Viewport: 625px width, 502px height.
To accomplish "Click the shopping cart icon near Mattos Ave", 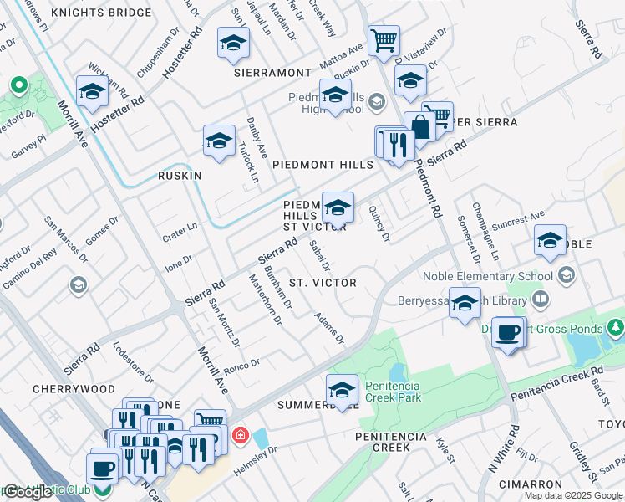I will coord(384,40).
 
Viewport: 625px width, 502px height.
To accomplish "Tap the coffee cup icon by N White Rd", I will coord(508,333).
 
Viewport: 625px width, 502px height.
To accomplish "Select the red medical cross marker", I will coord(240,435).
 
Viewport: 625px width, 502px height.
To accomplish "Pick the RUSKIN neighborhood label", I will coord(180,176).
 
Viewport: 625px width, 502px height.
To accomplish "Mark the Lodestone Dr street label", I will coord(133,362).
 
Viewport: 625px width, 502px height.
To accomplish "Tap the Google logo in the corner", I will coord(28,492).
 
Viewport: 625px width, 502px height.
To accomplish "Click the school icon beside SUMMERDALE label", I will coord(342,390).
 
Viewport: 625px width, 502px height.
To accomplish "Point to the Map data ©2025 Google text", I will coord(572,495).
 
